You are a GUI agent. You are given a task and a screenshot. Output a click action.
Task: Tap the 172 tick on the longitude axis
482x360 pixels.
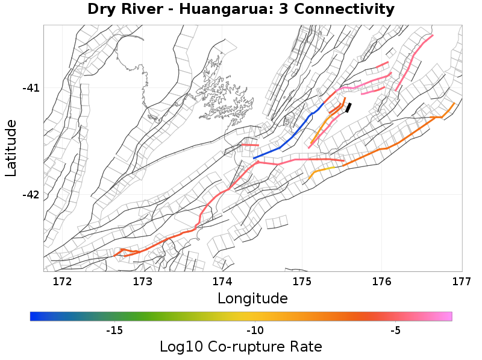click(x=62, y=282)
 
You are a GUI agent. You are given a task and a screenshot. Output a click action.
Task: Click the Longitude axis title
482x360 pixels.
click(x=252, y=298)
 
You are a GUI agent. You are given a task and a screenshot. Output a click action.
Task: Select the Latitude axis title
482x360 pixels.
click(x=11, y=148)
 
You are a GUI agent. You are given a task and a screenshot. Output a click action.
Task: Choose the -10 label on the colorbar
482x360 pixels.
click(x=254, y=330)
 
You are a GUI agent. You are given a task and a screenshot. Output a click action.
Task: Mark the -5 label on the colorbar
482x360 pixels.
click(x=395, y=330)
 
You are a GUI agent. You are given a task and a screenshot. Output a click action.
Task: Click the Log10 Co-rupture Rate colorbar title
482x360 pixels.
click(x=241, y=347)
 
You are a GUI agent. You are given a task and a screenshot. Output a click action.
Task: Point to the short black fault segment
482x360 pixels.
click(x=348, y=107)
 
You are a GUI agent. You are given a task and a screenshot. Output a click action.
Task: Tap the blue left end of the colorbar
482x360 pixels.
click(x=34, y=316)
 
